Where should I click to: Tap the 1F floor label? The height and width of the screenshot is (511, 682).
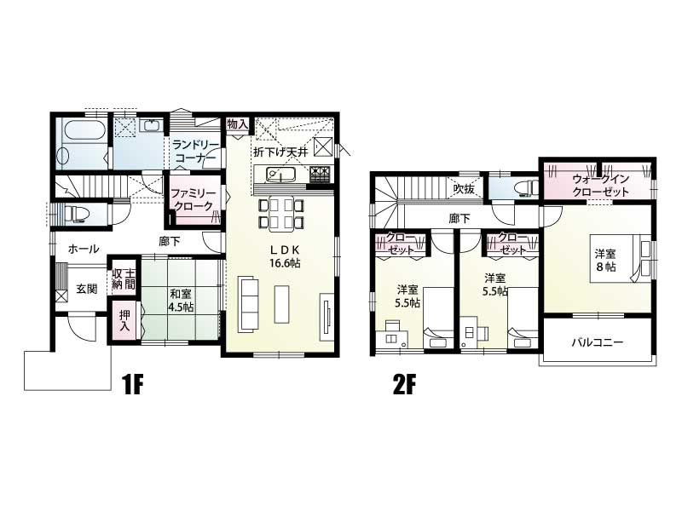(x=133, y=385)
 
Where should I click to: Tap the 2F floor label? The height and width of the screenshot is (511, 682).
(x=404, y=385)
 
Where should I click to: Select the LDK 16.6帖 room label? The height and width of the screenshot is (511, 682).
(x=285, y=256)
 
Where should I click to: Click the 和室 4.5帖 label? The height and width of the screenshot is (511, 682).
(x=181, y=301)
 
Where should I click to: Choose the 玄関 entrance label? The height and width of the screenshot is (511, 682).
(x=87, y=289)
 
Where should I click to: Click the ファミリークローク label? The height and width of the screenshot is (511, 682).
(x=194, y=199)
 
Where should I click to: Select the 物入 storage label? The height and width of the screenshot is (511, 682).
(x=237, y=124)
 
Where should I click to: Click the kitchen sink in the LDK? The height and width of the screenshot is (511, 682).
(x=281, y=175)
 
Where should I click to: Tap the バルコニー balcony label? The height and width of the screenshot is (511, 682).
(x=598, y=342)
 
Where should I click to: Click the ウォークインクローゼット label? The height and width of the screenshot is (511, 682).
(x=601, y=185)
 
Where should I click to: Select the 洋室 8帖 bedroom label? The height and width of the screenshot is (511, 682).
(x=605, y=260)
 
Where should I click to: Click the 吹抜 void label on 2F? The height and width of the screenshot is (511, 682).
(x=464, y=188)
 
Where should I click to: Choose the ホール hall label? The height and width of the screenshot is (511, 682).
(x=84, y=249)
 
